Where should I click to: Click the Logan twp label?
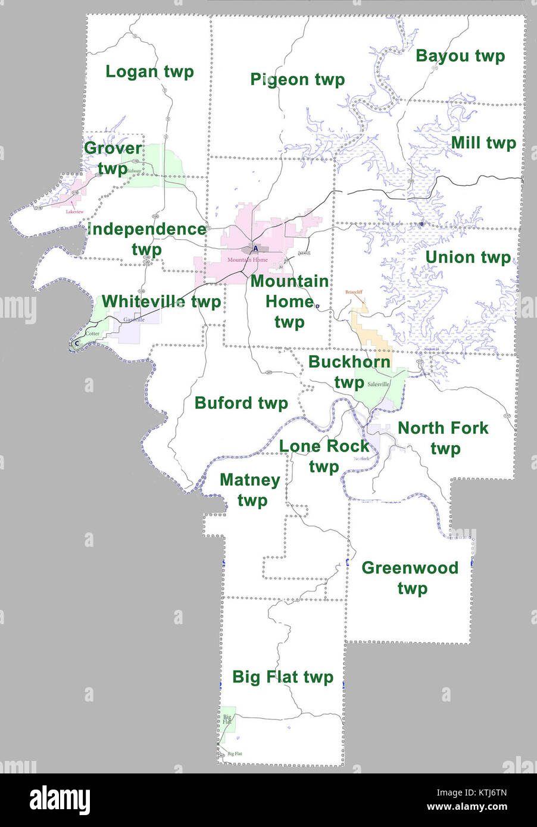pos(149,72)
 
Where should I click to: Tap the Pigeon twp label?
pos(297,80)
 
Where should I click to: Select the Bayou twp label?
pos(460,56)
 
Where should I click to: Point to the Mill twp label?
pos(483,143)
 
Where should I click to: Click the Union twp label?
pos(468,257)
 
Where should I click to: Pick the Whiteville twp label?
pos(161,302)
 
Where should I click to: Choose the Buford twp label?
pos(241,403)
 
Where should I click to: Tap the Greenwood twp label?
pos(410,578)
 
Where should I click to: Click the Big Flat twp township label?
pos(282,677)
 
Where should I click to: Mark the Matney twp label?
pos(250,490)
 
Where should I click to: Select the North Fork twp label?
pos(443,437)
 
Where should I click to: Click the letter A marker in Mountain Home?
pos(255,248)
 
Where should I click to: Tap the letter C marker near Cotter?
pos(77,343)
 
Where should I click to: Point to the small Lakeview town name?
pos(75,212)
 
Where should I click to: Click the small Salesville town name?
pos(378,384)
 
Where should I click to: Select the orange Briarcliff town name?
pos(355,293)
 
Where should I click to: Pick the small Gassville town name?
pos(134,320)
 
